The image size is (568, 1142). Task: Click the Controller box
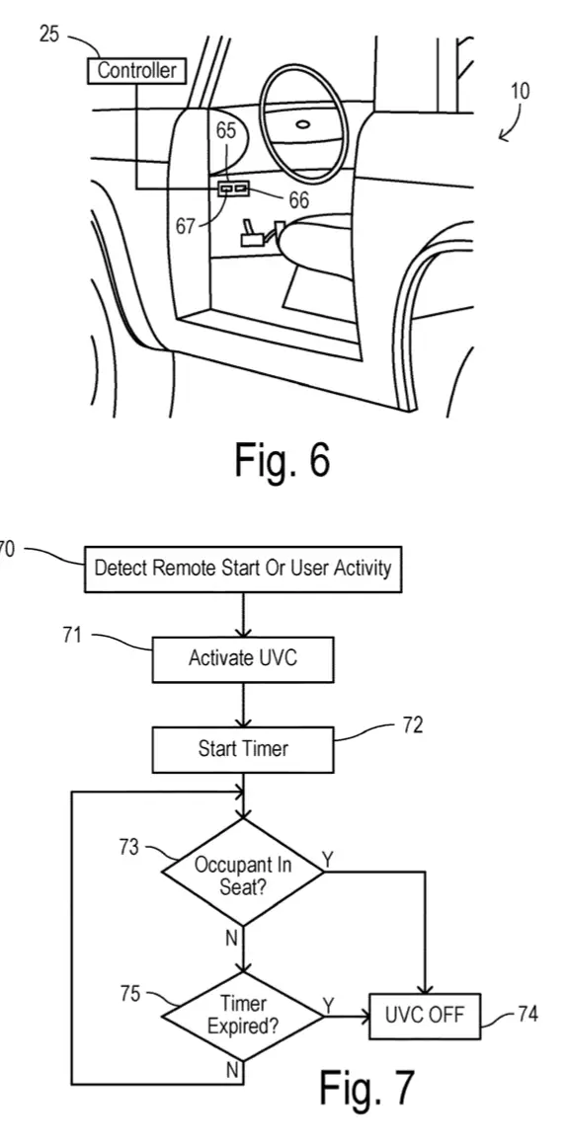pos(136,71)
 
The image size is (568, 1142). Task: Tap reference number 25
pos(48,34)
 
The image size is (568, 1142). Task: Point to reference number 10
pos(520,91)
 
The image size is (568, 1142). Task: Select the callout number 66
pos(298,199)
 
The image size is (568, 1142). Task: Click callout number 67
pos(186,226)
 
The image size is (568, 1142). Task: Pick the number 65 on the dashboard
pos(227,131)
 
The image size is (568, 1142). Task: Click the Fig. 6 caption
pos(283,459)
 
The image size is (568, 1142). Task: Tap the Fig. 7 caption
pos(366,1087)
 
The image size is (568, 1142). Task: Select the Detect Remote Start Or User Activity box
pos(243,569)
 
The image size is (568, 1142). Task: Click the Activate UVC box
pos(243,659)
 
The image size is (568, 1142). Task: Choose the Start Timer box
pos(243,749)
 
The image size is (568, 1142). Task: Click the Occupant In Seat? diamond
pos(243,873)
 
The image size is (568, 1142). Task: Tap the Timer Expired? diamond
pos(243,1016)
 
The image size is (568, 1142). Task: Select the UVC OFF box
pos(425,1016)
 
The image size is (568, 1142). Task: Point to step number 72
pos(412,725)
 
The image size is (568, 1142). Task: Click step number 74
pos(527,1014)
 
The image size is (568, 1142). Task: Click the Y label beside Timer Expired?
pos(329,1006)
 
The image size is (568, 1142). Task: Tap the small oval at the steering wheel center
pos(302,123)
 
